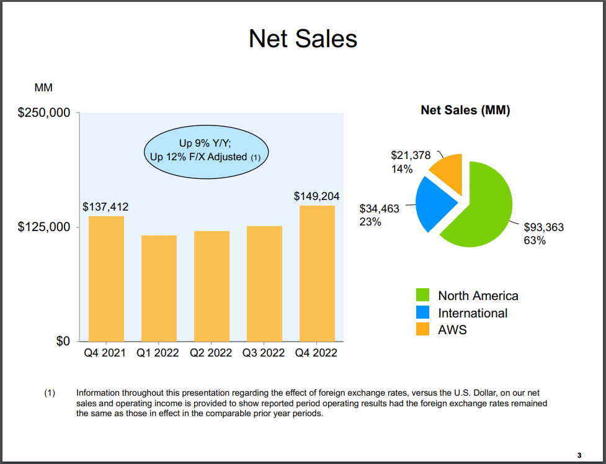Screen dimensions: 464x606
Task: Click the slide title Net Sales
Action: click(303, 39)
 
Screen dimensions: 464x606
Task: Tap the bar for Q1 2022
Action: click(159, 288)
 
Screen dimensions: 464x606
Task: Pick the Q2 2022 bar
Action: click(212, 286)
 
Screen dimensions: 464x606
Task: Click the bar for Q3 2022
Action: click(264, 283)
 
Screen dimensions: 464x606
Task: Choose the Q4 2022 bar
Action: click(317, 273)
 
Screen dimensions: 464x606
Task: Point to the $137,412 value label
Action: click(105, 206)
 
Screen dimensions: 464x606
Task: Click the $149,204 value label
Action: click(316, 196)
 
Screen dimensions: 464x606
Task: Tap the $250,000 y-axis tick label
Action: click(43, 113)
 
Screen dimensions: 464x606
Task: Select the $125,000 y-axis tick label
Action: click(43, 227)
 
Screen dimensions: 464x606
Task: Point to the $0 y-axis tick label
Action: click(60, 341)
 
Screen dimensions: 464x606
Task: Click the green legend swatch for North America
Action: click(423, 295)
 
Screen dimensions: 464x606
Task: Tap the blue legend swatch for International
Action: click(423, 312)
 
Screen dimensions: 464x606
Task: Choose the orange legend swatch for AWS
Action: click(423, 329)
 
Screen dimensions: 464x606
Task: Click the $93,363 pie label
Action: click(544, 227)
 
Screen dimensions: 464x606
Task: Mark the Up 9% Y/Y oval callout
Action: click(205, 150)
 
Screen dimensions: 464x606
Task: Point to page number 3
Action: click(579, 455)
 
